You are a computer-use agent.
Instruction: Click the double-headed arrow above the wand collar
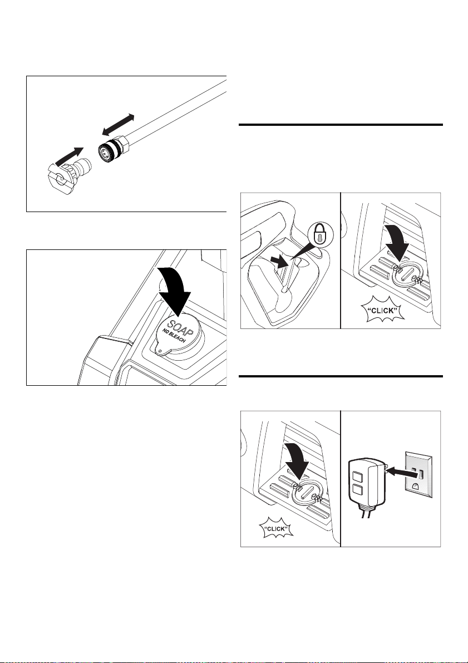[x=118, y=125]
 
